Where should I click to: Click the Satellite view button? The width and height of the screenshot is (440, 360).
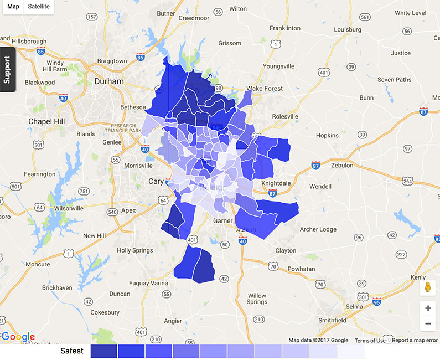(39, 7)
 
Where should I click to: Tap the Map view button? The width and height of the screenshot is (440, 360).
(13, 7)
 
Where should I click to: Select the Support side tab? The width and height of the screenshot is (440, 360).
(7, 69)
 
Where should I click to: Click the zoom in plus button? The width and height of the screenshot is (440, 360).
(427, 308)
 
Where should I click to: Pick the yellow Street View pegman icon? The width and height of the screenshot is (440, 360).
(427, 288)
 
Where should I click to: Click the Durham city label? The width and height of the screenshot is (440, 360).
(109, 81)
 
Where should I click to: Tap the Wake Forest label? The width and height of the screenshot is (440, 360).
(265, 89)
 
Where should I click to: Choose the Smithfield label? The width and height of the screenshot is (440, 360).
(332, 320)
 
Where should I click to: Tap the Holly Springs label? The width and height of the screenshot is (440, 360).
(134, 250)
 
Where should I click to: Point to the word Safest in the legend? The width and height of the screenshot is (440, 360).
(72, 351)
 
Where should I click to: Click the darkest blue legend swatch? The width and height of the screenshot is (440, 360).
(103, 351)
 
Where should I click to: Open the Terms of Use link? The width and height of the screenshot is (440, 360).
(370, 340)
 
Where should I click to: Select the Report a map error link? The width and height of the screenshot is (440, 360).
(415, 340)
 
